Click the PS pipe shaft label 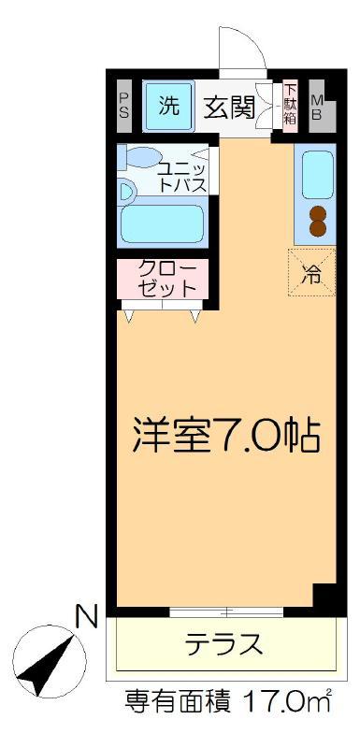tap(123, 106)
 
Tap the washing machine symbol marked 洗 tap(169, 107)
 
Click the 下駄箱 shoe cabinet tap(290, 104)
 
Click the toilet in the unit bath tap(140, 156)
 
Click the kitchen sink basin tap(318, 174)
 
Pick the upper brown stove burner tap(318, 213)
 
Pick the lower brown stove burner tap(318, 228)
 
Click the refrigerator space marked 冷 tap(311, 272)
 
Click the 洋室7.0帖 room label tap(225, 436)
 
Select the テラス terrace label tap(223, 644)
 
